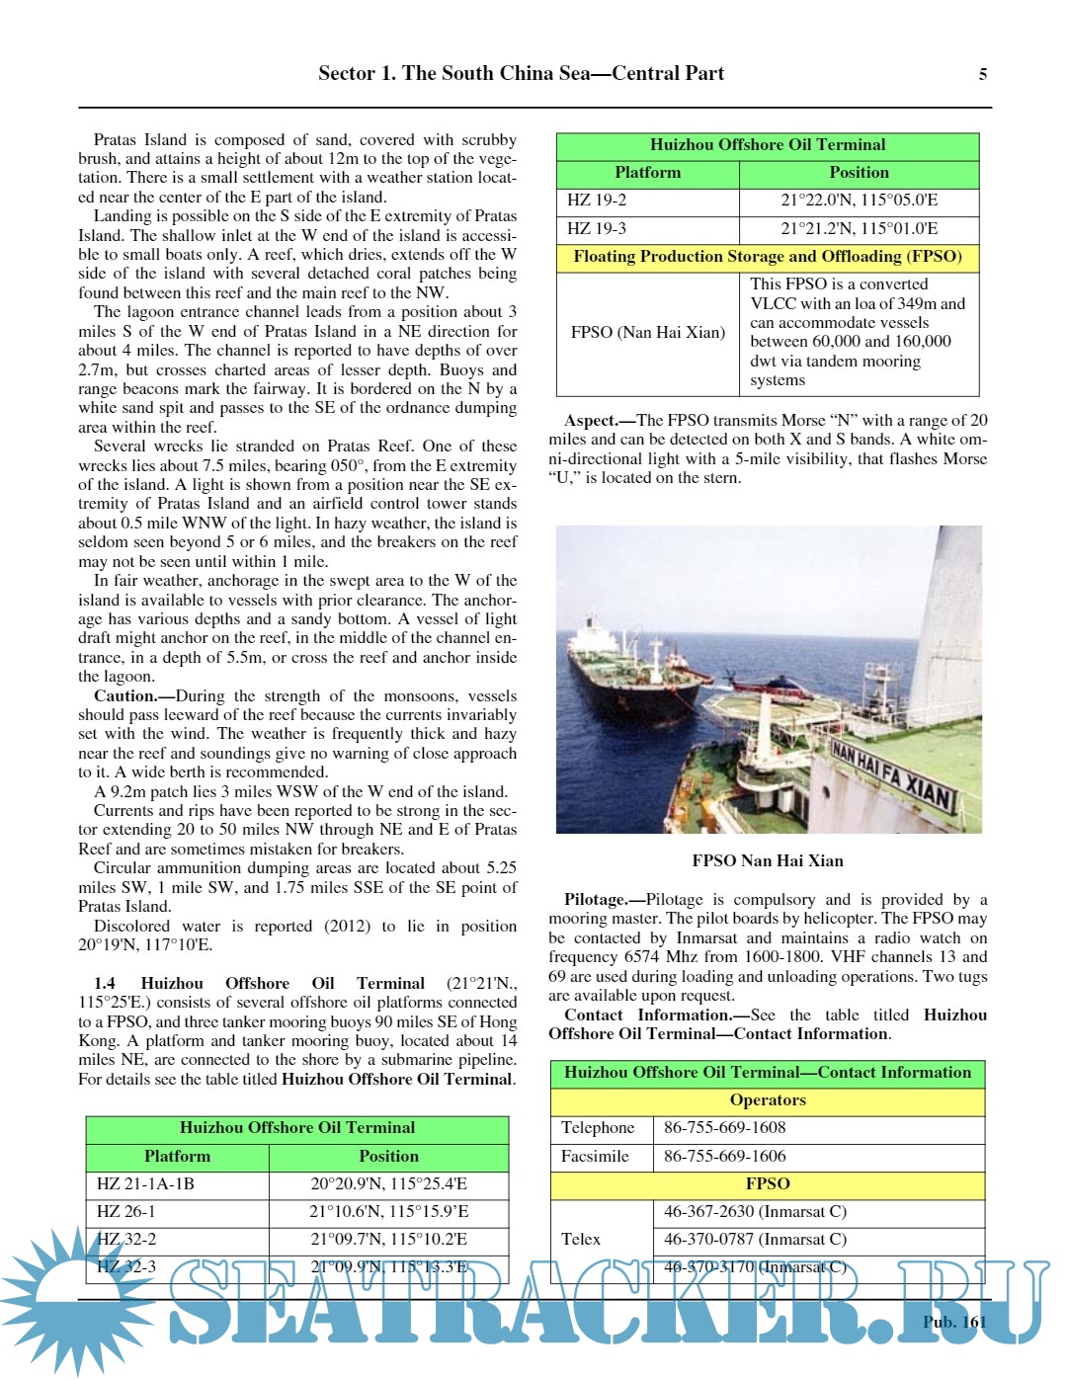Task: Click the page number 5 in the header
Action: pyautogui.click(x=982, y=74)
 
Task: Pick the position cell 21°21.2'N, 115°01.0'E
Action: pyautogui.click(x=859, y=229)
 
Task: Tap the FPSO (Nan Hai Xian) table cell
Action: pyautogui.click(x=647, y=333)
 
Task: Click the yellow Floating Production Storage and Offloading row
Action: pyautogui.click(x=768, y=257)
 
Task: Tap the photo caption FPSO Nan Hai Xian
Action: pyautogui.click(x=768, y=860)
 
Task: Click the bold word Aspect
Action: pyautogui.click(x=592, y=420)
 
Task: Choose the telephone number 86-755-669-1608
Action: pyautogui.click(x=724, y=1128)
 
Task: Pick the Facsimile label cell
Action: pyautogui.click(x=595, y=1156)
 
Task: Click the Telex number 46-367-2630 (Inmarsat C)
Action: pyautogui.click(x=755, y=1212)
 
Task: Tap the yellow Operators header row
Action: pyautogui.click(x=768, y=1100)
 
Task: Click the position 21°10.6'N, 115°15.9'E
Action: pyautogui.click(x=388, y=1212)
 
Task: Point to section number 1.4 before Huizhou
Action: pyautogui.click(x=105, y=983)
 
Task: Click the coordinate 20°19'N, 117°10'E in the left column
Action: pyautogui.click(x=145, y=944)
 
